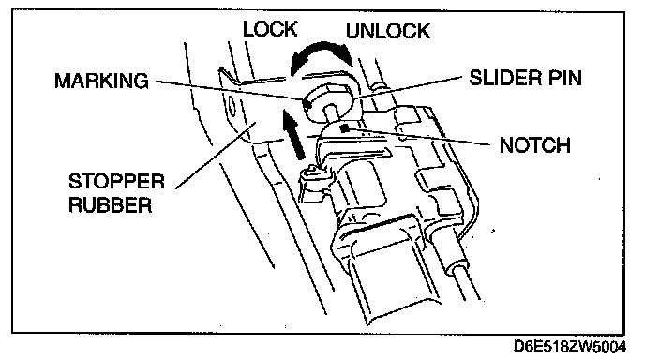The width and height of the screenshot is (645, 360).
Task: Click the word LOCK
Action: [270, 29]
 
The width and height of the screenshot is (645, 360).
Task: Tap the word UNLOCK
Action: [388, 31]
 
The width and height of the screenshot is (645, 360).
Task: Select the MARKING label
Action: [101, 81]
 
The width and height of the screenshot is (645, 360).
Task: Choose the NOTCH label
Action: [534, 145]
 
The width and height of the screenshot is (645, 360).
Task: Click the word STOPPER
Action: [116, 182]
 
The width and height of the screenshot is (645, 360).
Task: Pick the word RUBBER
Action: [111, 205]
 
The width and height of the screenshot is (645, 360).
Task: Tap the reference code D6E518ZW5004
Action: [570, 347]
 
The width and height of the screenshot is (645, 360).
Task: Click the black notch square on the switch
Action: [345, 128]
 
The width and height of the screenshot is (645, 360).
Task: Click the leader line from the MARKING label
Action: [230, 90]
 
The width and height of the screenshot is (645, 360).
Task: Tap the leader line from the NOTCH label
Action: [420, 137]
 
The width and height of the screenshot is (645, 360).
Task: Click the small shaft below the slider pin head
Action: [332, 113]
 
